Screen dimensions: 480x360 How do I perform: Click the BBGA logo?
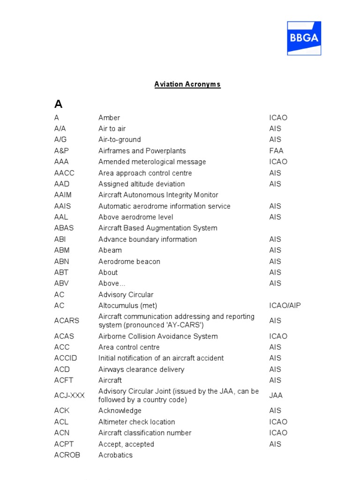304,38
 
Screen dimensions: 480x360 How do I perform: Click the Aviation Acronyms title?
187,84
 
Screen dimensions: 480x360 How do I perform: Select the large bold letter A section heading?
58,104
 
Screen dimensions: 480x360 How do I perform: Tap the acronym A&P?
61,151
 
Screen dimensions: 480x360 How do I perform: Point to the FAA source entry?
276,151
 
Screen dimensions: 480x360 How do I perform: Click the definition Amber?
109,118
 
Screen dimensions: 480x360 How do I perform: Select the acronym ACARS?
67,321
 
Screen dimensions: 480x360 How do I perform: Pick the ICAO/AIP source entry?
285,306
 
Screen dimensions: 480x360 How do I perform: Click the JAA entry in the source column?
276,395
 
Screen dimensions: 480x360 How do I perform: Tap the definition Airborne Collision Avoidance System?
158,336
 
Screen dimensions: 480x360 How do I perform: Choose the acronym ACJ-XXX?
69,395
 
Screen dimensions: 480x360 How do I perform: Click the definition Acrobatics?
115,455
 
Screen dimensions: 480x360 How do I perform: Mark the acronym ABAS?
64,228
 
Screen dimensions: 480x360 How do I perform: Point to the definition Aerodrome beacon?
129,262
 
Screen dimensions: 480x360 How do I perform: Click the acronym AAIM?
63,195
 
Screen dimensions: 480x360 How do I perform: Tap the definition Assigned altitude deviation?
142,184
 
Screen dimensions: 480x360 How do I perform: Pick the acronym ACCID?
66,358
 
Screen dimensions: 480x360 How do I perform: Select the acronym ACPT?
64,444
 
